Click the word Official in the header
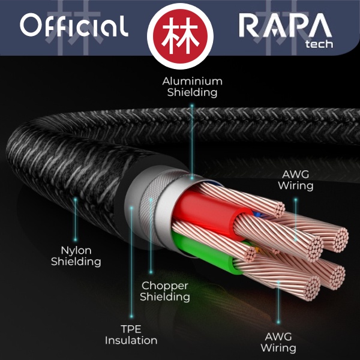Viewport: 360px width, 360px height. (74, 26)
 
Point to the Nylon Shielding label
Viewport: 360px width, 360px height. (76, 255)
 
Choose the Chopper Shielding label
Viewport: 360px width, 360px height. (165, 291)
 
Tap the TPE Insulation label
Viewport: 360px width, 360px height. (131, 334)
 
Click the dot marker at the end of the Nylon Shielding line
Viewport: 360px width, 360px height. (76, 200)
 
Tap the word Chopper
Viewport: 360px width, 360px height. (165, 286)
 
